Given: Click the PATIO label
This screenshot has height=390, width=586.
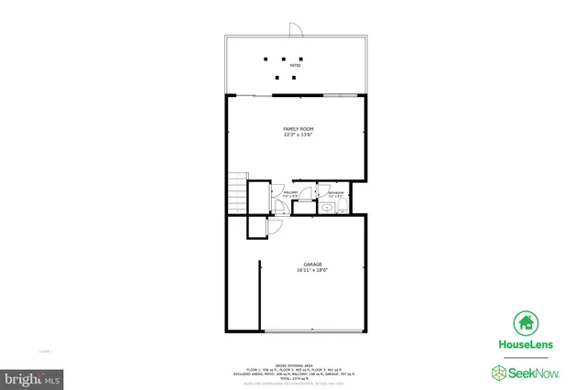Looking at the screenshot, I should tap(296, 66).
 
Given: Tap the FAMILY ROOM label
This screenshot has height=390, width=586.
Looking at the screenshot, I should tap(296, 129).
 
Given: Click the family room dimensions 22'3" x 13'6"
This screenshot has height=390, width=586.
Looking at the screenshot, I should tap(296, 136).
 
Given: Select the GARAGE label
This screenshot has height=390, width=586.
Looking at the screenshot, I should tap(312, 264).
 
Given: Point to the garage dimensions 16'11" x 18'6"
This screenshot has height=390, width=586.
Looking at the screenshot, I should tap(312, 270).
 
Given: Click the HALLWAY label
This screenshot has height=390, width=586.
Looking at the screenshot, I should tap(289, 191).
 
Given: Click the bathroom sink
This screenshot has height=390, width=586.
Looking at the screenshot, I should tap(326, 208).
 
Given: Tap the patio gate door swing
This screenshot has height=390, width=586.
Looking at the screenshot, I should tap(295, 29).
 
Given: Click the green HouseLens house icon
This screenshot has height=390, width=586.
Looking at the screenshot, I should tap(526, 322).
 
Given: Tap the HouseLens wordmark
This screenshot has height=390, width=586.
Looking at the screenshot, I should tap(526, 345).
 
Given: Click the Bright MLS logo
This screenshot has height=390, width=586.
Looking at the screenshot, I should tap(32, 376).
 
